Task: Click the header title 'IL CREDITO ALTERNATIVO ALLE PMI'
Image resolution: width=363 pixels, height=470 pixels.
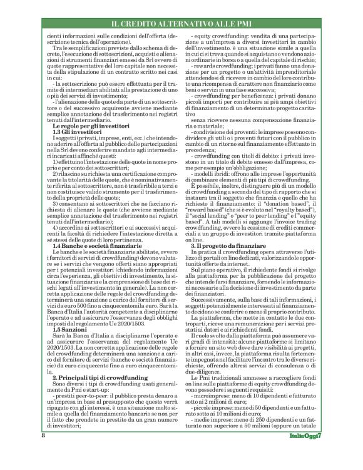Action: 181,23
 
